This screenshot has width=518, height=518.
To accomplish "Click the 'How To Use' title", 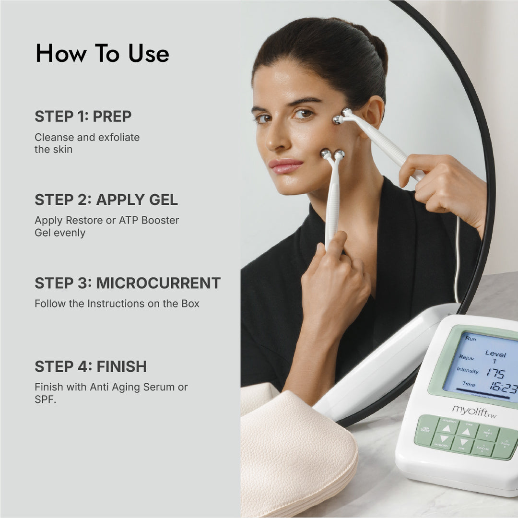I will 102,53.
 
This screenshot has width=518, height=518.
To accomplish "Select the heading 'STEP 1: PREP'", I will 83,116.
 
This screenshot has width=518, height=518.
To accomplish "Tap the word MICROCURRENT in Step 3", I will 158,283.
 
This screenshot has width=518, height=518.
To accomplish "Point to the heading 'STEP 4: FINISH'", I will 91,366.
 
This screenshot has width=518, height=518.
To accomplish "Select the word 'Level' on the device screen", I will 495,353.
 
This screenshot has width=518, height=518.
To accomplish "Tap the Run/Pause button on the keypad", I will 425,429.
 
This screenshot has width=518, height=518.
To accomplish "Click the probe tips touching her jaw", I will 332,154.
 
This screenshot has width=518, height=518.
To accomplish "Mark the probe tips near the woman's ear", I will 341,116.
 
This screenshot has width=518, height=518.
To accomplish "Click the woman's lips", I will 285,166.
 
